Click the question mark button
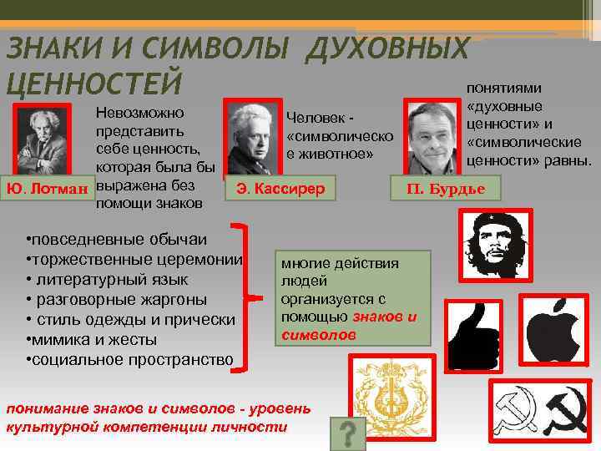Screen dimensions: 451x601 349,433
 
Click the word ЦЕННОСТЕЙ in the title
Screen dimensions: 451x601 93,83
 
